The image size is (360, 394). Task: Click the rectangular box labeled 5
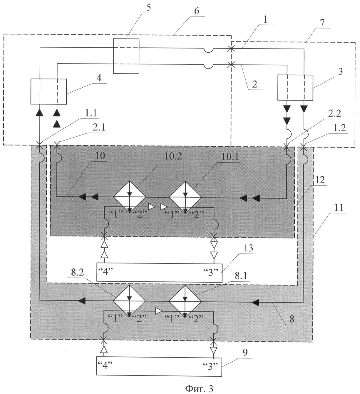[126, 56]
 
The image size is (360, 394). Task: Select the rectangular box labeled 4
[48, 91]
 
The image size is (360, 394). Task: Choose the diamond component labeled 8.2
[130, 300]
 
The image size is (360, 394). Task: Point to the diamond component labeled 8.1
[185, 300]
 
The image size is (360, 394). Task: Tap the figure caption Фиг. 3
[198, 388]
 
